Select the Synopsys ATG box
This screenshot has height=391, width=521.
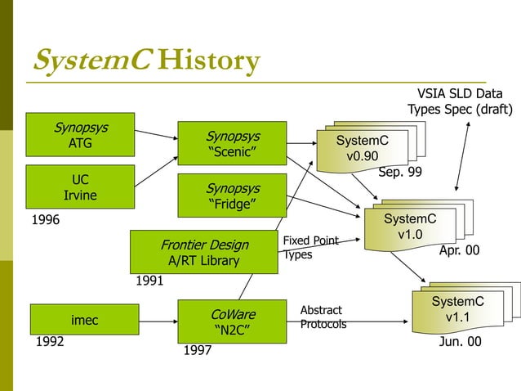pyautogui.click(x=80, y=134)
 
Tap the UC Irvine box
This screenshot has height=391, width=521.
pyautogui.click(x=80, y=187)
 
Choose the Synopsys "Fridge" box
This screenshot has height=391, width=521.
pyautogui.click(x=233, y=195)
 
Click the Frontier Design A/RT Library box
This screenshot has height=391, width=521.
pyautogui.click(x=204, y=252)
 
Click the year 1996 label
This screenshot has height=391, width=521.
pyautogui.click(x=46, y=220)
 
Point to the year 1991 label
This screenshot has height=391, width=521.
pyautogui.click(x=150, y=281)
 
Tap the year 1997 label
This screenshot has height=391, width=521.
pyautogui.click(x=198, y=351)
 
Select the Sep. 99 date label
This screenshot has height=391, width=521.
pyautogui.click(x=400, y=173)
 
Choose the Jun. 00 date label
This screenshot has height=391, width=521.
pyautogui.click(x=460, y=342)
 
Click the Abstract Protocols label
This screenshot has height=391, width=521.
pyautogui.click(x=323, y=317)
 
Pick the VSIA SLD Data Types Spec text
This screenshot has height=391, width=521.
pyautogui.click(x=460, y=101)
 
